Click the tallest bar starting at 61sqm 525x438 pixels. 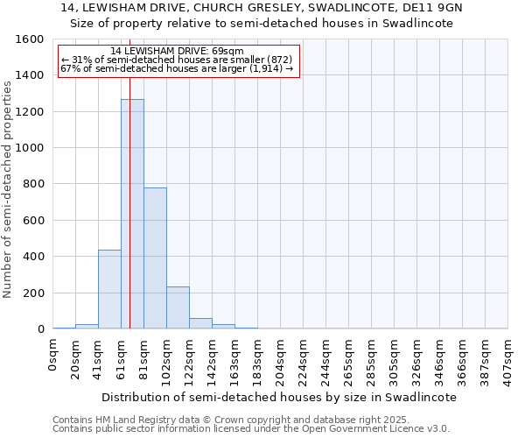[132, 214]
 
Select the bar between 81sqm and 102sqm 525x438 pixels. [155, 258]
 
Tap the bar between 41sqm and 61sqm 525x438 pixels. [109, 289]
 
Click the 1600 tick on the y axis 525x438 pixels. [30, 39]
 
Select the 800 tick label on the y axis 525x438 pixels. [33, 184]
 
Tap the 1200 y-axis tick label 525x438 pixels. [30, 112]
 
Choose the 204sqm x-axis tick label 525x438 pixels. [280, 360]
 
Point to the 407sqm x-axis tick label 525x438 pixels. [507, 360]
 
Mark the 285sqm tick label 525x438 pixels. [371, 360]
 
